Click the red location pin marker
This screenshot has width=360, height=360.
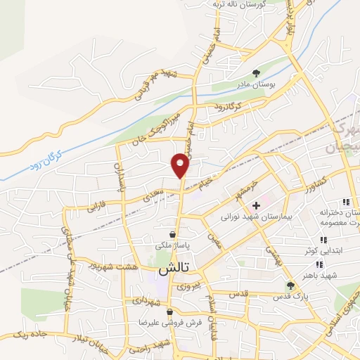(181, 165)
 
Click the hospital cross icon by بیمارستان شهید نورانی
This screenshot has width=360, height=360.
(256, 205)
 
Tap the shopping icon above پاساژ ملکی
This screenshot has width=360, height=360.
(172, 234)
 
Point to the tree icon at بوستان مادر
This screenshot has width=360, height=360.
(256, 72)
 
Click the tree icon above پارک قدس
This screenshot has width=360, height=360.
(290, 285)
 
